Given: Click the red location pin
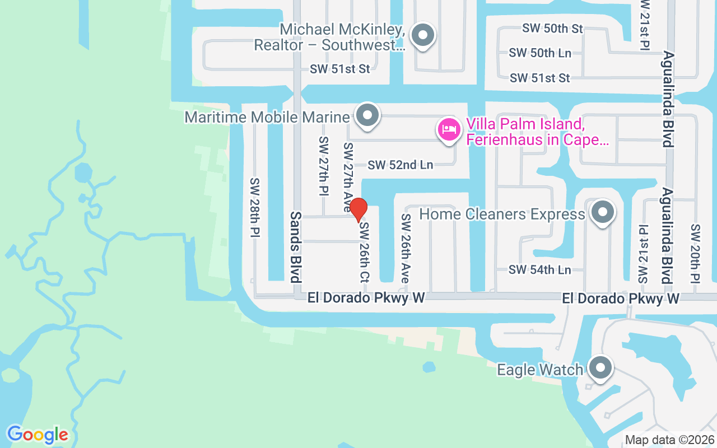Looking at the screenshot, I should coord(358,210).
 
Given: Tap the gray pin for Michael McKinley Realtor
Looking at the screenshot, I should coord(423,35).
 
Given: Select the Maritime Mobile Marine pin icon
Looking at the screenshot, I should coord(367,115).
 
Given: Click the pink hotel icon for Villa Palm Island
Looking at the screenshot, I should coord(449,130).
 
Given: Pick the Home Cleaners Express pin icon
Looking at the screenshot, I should coord(602,212).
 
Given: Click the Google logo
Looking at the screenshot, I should coord(38,435).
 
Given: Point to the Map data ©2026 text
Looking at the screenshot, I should coord(669,440).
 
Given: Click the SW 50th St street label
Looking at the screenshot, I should coord(552,28).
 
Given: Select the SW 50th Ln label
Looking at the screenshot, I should coord(540,53).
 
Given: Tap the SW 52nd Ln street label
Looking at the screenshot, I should coord(401,165).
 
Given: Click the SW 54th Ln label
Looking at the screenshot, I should coord(539,270).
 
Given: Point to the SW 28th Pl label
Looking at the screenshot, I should coord(255,208).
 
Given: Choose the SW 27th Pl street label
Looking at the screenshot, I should coord(323,166).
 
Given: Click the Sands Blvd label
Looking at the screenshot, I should coord(296,247).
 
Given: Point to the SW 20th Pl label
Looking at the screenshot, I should coord(696,253).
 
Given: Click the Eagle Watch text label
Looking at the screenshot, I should coord(540,370).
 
